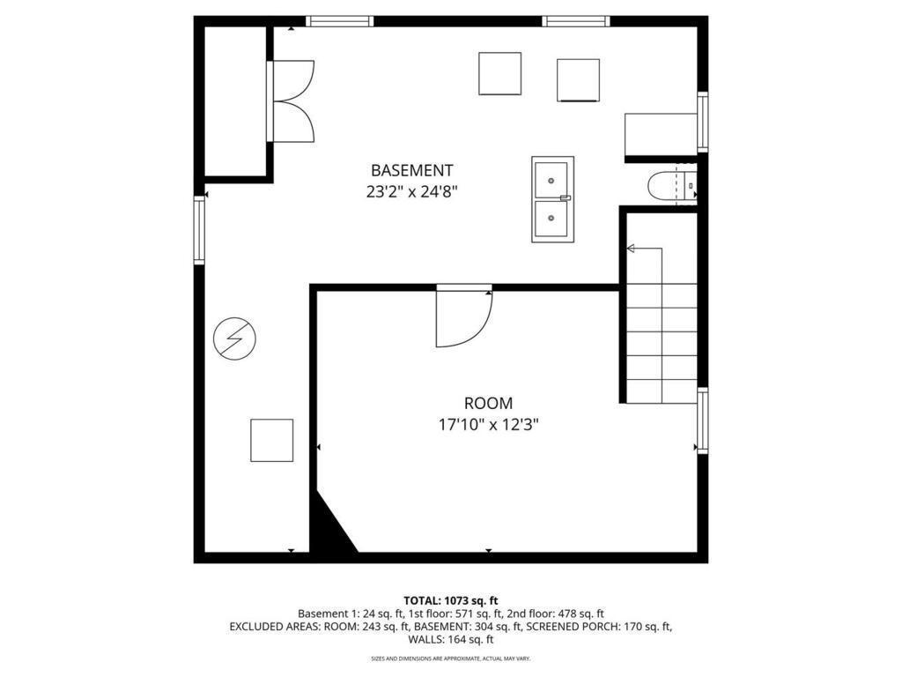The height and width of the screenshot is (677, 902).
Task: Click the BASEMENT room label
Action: click(411, 170)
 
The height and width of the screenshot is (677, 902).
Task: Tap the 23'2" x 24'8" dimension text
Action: click(411, 191)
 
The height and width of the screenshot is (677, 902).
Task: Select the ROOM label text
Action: click(488, 404)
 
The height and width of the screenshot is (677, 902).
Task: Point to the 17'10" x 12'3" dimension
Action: click(488, 425)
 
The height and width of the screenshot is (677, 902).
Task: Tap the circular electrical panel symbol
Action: click(235, 338)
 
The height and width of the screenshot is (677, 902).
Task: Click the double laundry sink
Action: click(552, 199)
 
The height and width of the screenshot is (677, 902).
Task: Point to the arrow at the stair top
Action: click(631, 249)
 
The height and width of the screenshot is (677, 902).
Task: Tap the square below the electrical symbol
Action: click(271, 441)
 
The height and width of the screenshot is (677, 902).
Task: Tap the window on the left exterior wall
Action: click(199, 230)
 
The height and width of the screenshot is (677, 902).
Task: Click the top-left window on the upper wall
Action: click(340, 21)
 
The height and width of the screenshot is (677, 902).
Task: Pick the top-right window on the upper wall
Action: click(576, 21)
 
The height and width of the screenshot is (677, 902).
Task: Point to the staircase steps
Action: click(662, 344)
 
